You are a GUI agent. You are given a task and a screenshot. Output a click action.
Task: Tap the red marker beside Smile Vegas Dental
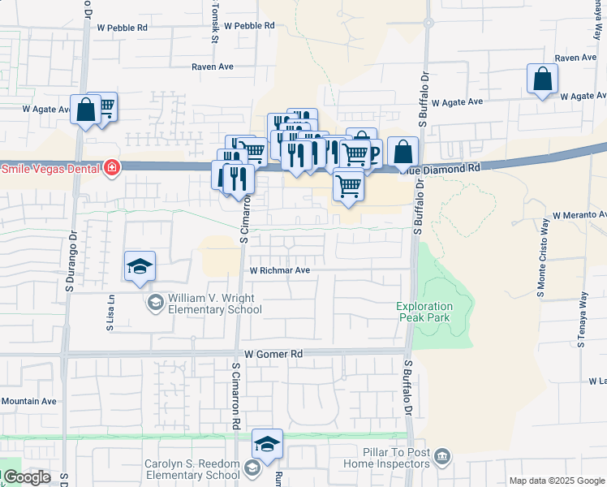[112, 169]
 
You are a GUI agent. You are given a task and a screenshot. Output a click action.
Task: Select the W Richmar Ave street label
[280, 270]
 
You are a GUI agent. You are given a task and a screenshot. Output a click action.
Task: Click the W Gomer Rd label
[273, 355]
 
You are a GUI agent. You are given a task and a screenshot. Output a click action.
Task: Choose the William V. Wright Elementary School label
[214, 304]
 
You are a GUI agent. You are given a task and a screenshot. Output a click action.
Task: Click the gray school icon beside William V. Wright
[154, 304]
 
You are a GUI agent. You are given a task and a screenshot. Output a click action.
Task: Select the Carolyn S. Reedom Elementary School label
[192, 469]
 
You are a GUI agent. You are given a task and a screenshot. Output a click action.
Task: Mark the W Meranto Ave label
[579, 215]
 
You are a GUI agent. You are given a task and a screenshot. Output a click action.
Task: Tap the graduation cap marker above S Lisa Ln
[140, 266]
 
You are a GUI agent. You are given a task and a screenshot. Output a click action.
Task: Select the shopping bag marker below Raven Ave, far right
[542, 80]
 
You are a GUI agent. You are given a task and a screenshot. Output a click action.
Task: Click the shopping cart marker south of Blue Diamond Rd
[348, 184]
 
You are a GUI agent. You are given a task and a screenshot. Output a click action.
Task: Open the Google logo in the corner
[26, 477]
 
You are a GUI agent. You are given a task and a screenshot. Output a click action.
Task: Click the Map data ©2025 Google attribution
[557, 481]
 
